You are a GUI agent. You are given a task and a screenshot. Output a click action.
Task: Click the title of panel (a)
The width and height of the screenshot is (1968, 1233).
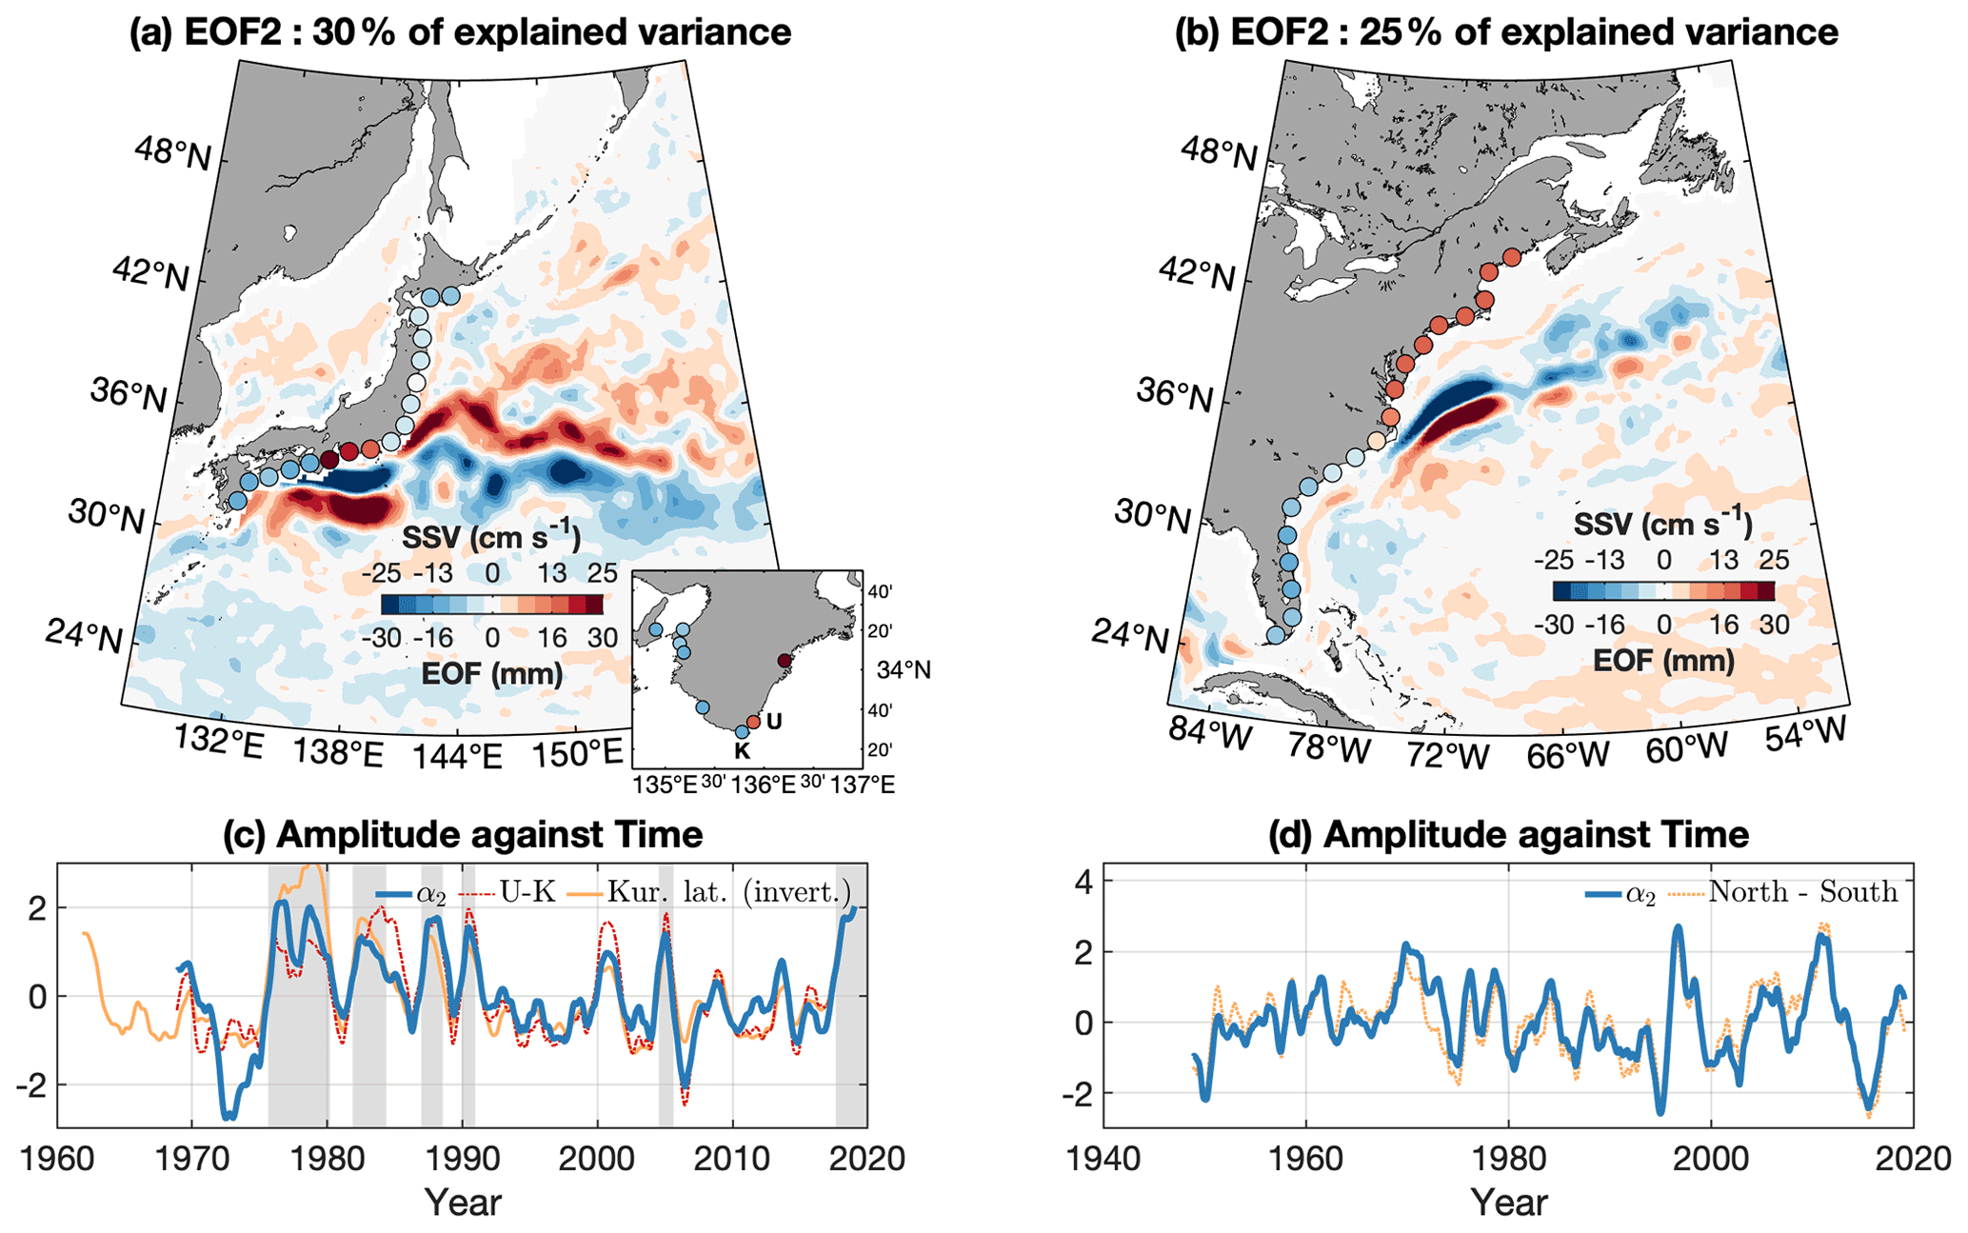click(x=460, y=32)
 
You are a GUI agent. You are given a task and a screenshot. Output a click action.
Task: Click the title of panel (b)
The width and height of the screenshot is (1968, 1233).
click(x=1506, y=32)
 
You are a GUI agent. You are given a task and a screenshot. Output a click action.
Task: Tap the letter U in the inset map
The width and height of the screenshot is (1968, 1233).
click(x=774, y=722)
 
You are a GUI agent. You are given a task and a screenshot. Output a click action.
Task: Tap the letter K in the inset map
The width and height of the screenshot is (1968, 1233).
click(x=743, y=751)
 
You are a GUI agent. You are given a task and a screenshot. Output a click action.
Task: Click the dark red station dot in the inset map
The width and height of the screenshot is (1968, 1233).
click(x=785, y=661)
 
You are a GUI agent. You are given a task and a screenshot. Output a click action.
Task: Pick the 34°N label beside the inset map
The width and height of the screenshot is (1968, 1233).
click(x=904, y=670)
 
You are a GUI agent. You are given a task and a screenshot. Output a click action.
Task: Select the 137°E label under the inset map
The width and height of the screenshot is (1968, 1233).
click(x=863, y=786)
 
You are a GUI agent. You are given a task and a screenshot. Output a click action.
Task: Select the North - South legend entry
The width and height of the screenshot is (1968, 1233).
click(x=1803, y=892)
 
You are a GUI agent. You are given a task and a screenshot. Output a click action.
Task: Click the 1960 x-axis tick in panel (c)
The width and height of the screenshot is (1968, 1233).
click(x=57, y=1161)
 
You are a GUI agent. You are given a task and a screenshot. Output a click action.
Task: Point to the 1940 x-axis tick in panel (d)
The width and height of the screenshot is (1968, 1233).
click(x=1103, y=1161)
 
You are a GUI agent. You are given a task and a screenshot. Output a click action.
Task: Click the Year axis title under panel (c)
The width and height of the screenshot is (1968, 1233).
click(x=463, y=1203)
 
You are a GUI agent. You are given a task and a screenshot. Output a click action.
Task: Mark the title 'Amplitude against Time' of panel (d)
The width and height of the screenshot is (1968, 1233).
click(x=1508, y=835)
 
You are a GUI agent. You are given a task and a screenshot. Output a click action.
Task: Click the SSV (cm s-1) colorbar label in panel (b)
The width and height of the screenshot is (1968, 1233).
click(x=1662, y=524)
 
